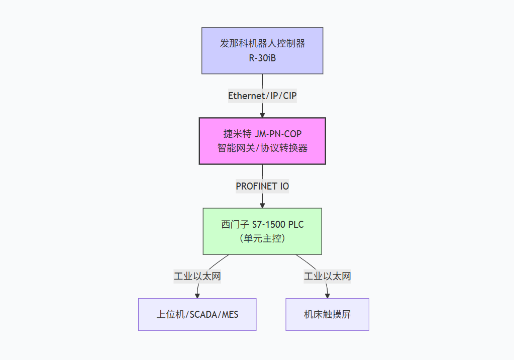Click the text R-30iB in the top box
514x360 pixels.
coord(262,58)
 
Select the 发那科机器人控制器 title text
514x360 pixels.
coord(262,44)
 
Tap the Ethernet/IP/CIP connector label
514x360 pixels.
coord(262,96)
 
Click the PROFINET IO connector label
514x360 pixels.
coord(262,186)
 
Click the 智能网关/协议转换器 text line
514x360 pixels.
coord(262,148)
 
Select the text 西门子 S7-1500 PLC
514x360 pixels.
coord(262,224)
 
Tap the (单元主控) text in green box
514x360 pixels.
coord(262,238)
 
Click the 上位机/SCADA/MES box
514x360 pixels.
coord(197,315)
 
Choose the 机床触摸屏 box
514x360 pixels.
coord(327,315)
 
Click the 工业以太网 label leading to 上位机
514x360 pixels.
coord(197,276)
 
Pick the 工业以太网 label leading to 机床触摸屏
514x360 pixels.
coord(327,276)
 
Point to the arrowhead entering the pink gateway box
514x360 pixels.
coord(262,115)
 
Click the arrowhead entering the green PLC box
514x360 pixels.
coord(262,205)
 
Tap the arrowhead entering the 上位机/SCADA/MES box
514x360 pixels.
coord(197,296)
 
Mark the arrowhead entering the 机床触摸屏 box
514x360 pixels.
coord(327,296)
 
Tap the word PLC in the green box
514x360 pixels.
coord(295,224)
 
